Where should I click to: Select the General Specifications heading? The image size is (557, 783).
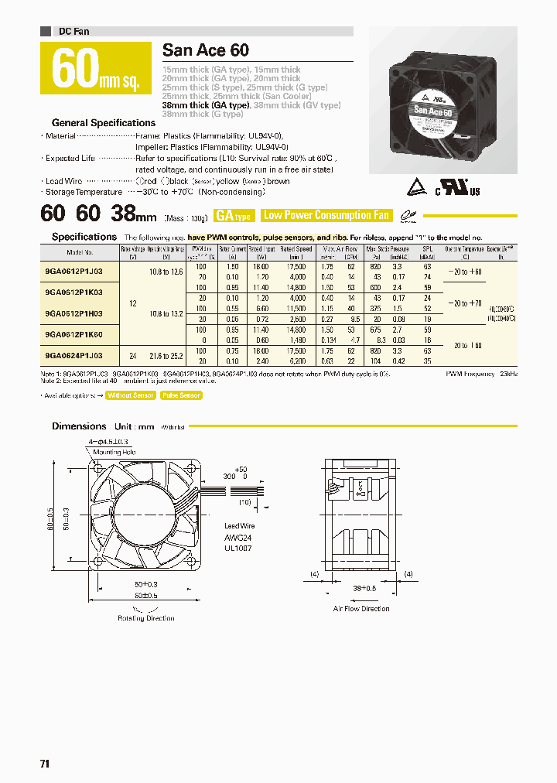tap(104, 123)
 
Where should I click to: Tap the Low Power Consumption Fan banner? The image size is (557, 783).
tap(326, 216)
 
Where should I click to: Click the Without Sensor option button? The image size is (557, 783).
tap(131, 395)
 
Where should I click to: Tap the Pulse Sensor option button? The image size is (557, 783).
tap(181, 395)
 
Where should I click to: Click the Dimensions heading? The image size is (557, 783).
tap(79, 426)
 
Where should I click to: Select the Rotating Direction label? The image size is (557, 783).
tap(146, 618)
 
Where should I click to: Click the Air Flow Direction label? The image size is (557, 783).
tap(361, 609)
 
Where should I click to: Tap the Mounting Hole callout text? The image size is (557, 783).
tap(114, 451)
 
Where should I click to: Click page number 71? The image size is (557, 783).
tap(45, 764)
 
